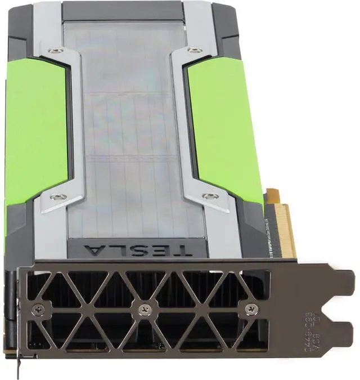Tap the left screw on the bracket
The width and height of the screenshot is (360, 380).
(x=38, y=309)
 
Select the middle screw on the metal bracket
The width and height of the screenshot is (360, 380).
(x=145, y=309)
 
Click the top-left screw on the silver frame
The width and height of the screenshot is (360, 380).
(x=55, y=51)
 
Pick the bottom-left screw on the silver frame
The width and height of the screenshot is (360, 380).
(x=57, y=197)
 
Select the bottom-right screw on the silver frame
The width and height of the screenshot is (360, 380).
(x=210, y=196)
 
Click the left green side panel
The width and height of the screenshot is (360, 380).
(x=35, y=129)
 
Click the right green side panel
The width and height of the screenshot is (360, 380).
(x=225, y=129)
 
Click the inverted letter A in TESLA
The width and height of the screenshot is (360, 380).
(x=93, y=249)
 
